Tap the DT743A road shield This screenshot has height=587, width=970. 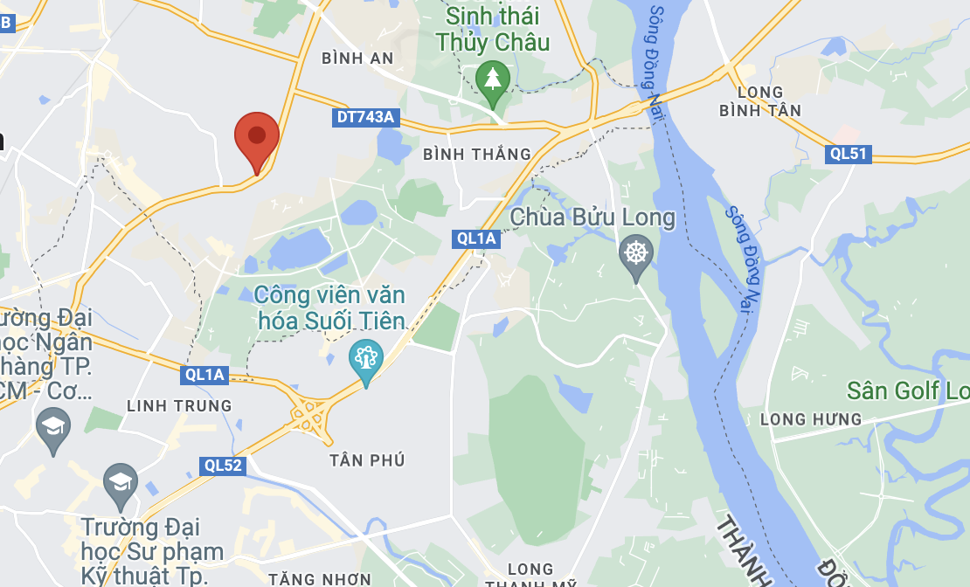[x=365, y=117]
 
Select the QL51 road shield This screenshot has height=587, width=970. [x=849, y=154]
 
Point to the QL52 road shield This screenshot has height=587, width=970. [x=222, y=466]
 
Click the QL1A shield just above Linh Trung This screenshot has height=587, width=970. [x=204, y=376]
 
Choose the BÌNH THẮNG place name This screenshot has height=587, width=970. [x=476, y=154]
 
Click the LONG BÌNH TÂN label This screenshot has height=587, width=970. [x=760, y=101]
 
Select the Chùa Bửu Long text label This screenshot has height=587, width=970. [x=592, y=218]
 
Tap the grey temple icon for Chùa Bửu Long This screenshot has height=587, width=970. [x=636, y=255]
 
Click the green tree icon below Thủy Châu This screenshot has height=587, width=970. [x=493, y=79]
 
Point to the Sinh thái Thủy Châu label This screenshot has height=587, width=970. [x=493, y=29]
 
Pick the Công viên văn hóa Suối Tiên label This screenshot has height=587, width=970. [x=330, y=307]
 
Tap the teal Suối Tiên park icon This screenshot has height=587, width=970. [x=365, y=359]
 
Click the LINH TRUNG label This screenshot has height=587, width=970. [x=179, y=406]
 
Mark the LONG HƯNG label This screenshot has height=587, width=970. [x=810, y=420]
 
